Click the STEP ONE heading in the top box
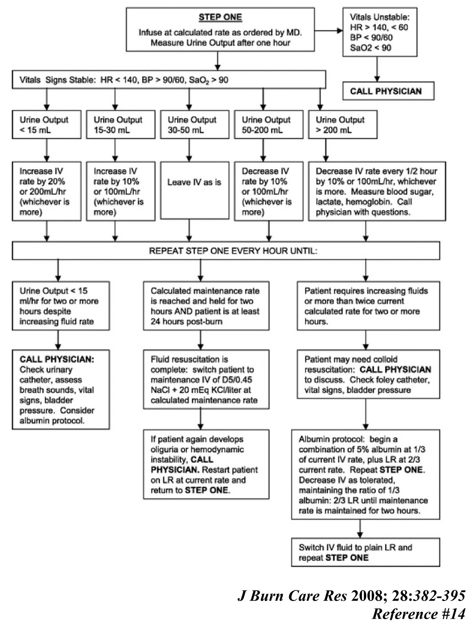click(x=220, y=17)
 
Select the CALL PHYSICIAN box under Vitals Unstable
click(x=388, y=91)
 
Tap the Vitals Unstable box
click(x=379, y=33)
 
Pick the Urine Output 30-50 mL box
click(x=194, y=125)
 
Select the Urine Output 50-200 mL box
click(x=268, y=125)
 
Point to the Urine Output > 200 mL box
click(x=342, y=125)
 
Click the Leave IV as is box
click(x=194, y=190)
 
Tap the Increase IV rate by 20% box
click(x=46, y=191)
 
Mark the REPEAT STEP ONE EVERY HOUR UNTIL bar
click(x=226, y=251)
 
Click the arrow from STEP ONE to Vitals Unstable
click(x=328, y=30)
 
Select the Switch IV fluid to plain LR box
click(x=365, y=552)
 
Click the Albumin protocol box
click(x=365, y=474)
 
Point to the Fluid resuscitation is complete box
click(x=206, y=380)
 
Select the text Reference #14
click(x=419, y=614)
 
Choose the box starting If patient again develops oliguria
click(x=206, y=465)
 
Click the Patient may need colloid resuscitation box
click(x=368, y=374)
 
